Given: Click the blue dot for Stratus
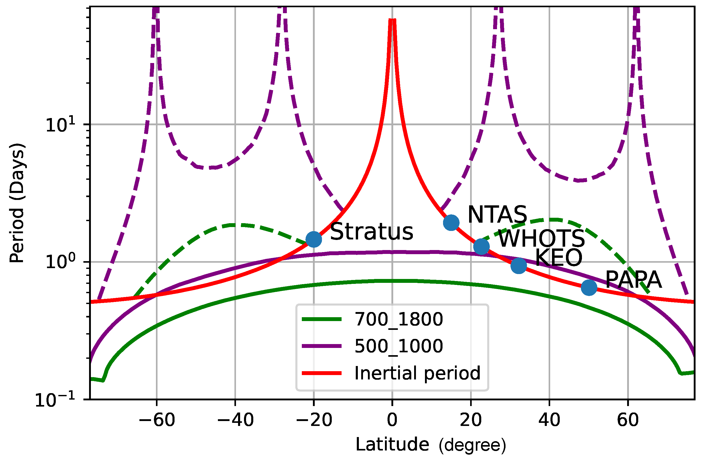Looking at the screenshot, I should tap(313, 239).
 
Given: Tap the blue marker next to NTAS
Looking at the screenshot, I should tap(451, 222).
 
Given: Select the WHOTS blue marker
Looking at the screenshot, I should tap(481, 246).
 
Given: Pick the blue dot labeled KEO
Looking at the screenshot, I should tap(518, 265).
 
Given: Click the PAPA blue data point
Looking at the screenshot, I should tap(589, 287).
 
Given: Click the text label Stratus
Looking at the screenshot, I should tap(371, 232).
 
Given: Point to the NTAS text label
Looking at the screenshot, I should tap(497, 215).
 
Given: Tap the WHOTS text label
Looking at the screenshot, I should tap(541, 238).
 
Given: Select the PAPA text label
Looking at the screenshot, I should tap(633, 280).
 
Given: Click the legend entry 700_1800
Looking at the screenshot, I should tap(398, 319).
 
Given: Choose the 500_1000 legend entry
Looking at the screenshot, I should tap(398, 346).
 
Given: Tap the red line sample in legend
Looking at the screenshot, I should tap(321, 373).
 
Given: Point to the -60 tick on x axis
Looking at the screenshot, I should tap(157, 420).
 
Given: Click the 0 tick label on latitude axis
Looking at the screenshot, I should tap(392, 420).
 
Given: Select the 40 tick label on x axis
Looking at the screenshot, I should tap(549, 420).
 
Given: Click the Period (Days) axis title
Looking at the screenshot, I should tap(17, 203).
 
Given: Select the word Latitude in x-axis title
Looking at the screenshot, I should tap(392, 444).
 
